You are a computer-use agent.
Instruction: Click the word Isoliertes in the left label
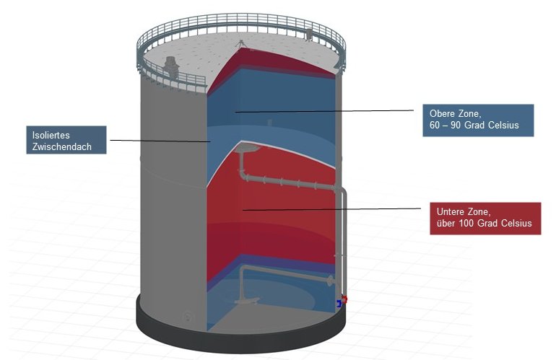[51, 135]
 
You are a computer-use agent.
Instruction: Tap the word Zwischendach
[61, 146]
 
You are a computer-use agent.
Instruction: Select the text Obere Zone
[456, 114]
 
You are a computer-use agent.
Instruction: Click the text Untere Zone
[464, 212]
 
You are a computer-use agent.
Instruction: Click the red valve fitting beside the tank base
[344, 299]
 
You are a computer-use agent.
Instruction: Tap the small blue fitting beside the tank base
[339, 304]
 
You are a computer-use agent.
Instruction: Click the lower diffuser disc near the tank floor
[247, 301]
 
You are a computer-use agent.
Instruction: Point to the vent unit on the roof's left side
[171, 66]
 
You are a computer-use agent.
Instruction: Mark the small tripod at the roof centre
[240, 44]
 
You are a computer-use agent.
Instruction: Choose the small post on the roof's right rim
[309, 35]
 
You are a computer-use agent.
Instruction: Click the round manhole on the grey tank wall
[188, 316]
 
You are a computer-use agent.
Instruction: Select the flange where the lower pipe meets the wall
[331, 281]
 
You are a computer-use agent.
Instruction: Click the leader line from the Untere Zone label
[331, 209]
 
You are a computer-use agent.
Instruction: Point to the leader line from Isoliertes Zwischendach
[160, 141]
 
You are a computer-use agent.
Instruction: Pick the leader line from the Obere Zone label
[324, 111]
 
